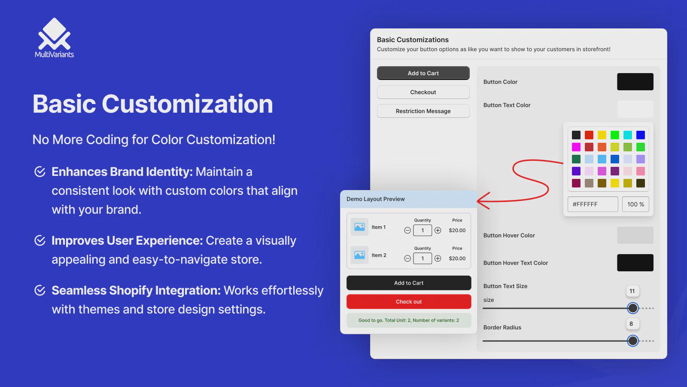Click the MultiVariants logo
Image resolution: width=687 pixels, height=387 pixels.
coord(54,37)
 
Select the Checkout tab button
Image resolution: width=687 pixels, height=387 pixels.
coord(423,92)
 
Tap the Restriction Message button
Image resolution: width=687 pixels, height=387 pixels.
coord(423,111)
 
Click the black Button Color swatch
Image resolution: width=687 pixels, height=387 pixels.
coord(635,82)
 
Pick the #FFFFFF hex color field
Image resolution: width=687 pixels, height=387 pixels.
coord(593,204)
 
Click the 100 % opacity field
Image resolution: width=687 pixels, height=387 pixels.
coord(635,204)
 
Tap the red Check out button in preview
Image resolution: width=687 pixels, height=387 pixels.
coord(408,301)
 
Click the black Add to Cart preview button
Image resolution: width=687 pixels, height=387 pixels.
coord(408,283)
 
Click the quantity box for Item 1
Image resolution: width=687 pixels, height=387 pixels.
coord(423,230)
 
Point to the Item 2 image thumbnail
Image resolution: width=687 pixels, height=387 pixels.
coord(359,255)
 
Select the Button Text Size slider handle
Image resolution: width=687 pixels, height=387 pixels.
coord(632,308)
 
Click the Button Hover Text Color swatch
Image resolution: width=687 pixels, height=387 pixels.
coord(635,263)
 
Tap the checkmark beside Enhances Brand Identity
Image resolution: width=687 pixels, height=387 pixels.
coord(40,172)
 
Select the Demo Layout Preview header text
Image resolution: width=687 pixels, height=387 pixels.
coord(375,199)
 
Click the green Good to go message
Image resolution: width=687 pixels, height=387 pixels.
coord(408,320)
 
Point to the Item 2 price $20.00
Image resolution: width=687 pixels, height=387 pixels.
coord(457,258)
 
